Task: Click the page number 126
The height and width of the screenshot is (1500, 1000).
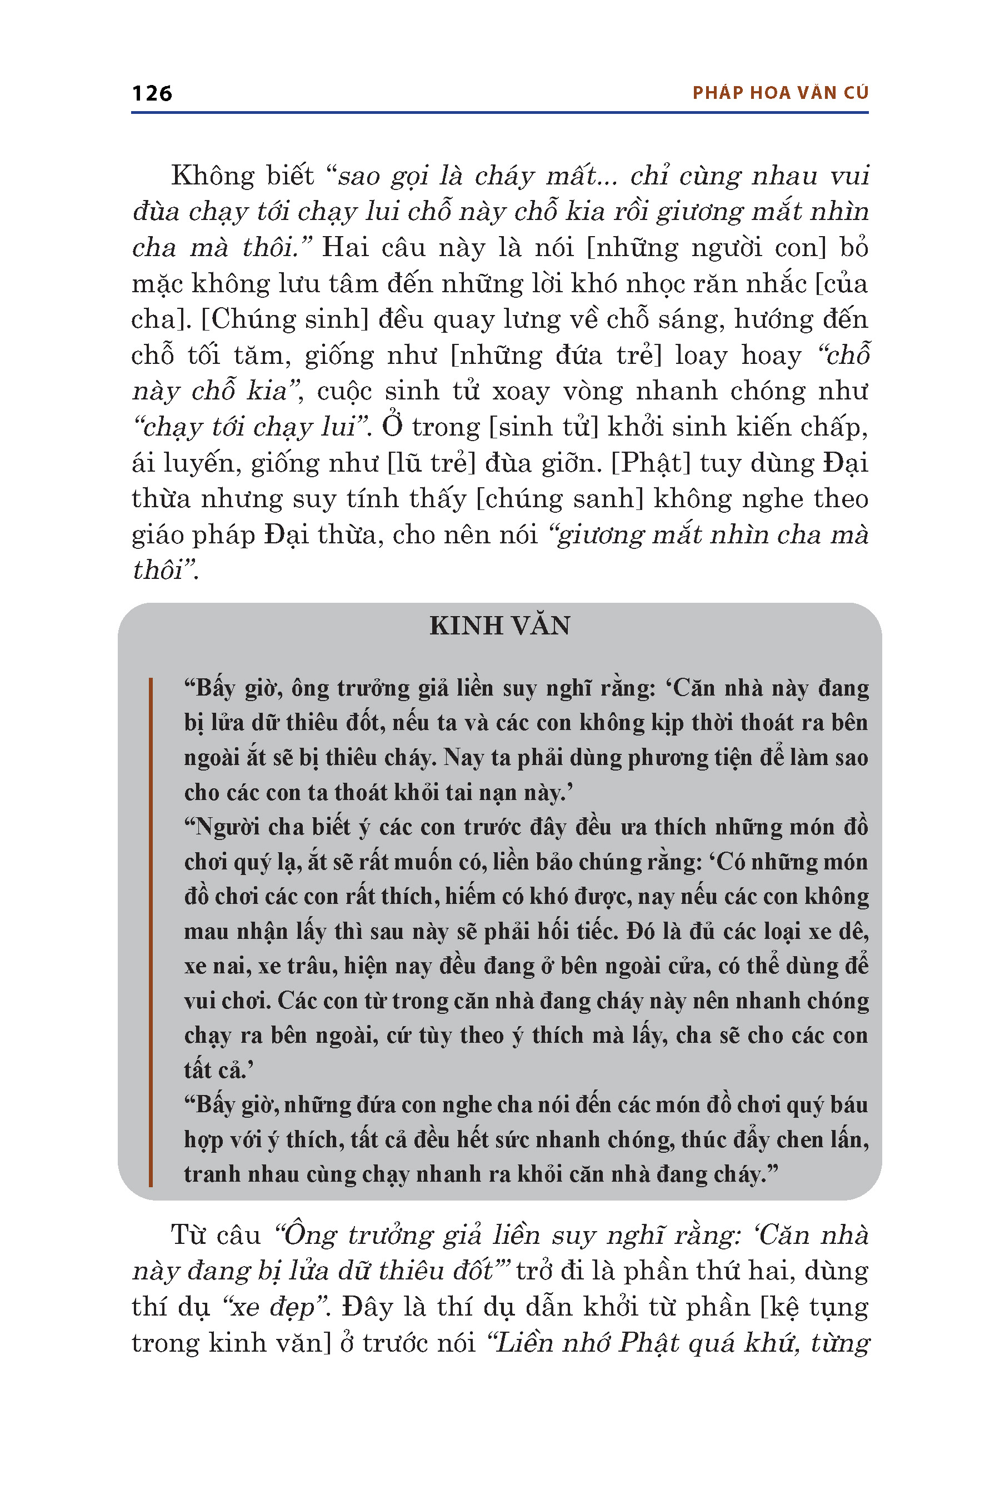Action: (152, 93)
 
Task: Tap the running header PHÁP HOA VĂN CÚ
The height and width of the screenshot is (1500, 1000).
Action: (781, 93)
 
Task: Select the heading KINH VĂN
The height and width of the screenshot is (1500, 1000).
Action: (499, 626)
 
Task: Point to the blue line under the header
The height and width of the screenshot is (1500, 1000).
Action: (499, 113)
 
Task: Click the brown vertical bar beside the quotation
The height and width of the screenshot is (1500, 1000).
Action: (151, 932)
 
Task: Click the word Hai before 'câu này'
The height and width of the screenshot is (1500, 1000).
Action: (346, 247)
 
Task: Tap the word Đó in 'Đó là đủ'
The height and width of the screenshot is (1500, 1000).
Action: (639, 932)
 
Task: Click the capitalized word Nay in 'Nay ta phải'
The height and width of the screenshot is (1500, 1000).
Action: (461, 758)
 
